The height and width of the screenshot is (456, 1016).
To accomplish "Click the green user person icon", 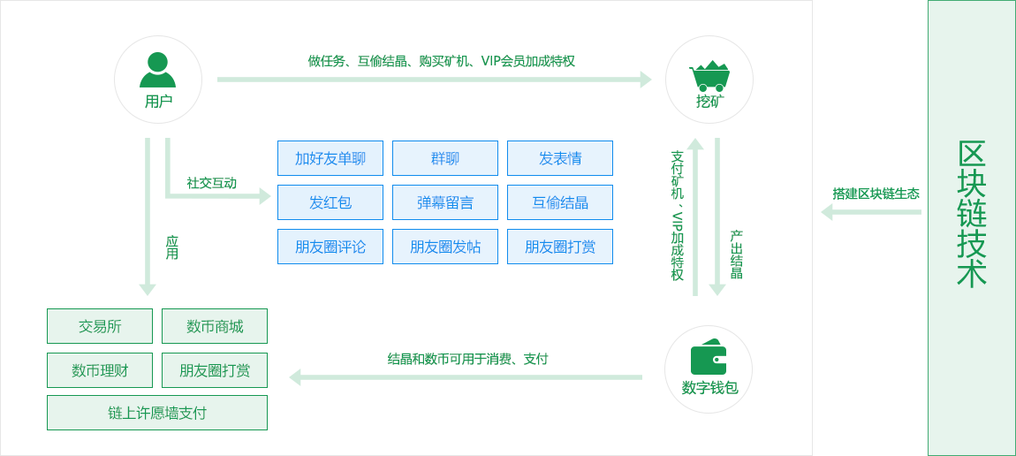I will (157, 70).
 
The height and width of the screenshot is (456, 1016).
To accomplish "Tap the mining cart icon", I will (709, 76).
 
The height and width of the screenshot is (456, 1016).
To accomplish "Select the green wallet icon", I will (709, 358).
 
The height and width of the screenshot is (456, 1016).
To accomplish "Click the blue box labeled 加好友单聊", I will (330, 158).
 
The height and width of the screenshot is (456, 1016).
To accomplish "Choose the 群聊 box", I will (445, 158).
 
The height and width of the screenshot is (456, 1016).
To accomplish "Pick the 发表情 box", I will (560, 158).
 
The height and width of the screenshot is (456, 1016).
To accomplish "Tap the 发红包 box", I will (330, 202).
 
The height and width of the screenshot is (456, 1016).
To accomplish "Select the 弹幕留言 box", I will (445, 202).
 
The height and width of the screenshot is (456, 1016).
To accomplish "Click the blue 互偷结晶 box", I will (560, 202).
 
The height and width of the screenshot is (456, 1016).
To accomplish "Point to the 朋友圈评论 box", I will (330, 247).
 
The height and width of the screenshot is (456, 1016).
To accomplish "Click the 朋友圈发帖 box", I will (445, 247).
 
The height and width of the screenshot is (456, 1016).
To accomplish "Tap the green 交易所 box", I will (100, 326).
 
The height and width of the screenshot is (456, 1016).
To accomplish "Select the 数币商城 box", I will (215, 326).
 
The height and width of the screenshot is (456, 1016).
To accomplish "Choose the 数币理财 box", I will (100, 370).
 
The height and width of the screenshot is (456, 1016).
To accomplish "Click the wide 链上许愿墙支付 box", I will (157, 413).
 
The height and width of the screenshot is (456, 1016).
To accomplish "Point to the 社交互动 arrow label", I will (211, 183).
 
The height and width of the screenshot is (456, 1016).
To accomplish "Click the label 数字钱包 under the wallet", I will (709, 388).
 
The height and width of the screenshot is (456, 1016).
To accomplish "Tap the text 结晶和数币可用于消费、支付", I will (467, 359).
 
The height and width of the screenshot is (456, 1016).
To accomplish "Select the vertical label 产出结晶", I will (736, 255).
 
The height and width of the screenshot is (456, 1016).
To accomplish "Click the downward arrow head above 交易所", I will (148, 289).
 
